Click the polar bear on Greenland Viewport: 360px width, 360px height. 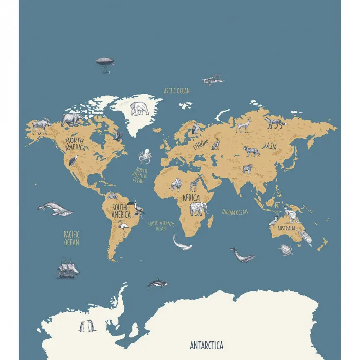click(x=139, y=109)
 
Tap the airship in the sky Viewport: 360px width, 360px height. click(x=104, y=62)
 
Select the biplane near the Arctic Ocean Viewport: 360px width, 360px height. click(x=213, y=80)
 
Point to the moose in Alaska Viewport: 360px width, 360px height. click(x=40, y=125)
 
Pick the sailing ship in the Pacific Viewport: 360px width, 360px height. click(x=67, y=270)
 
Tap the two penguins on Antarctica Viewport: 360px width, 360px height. click(x=85, y=326)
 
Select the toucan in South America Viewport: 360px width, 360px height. click(x=138, y=207)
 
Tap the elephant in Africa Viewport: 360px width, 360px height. click(x=199, y=208)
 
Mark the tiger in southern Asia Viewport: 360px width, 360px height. click(x=247, y=169)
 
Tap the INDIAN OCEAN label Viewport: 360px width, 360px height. click(x=235, y=212)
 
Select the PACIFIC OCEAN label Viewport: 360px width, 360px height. click(x=71, y=238)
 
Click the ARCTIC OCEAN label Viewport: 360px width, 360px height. click(x=176, y=91)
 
